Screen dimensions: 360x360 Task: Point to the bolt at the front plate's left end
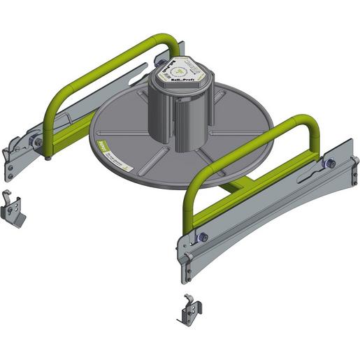pos(202,238)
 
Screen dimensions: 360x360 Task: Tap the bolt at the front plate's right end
pos(329,164)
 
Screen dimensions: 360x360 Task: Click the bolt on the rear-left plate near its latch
pos(38,142)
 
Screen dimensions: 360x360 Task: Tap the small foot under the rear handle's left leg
pos(48,157)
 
